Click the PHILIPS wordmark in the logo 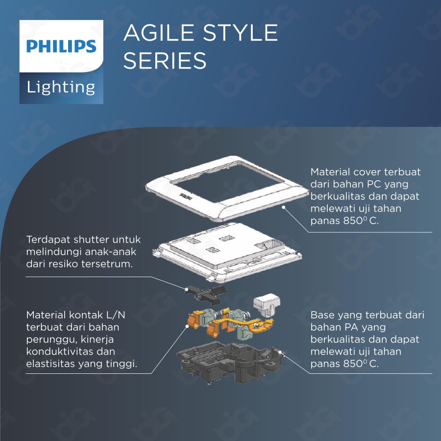61,47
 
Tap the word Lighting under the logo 61,87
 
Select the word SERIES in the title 165,61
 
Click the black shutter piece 203,292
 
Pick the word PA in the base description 345,327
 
